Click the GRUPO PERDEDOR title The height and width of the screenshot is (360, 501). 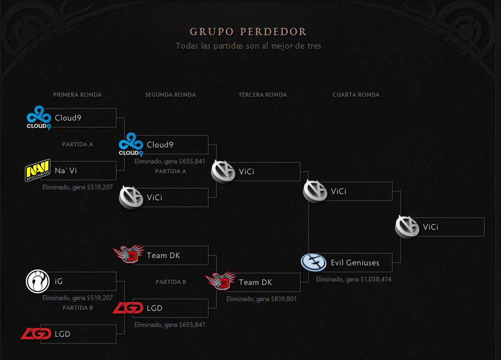tap(248, 32)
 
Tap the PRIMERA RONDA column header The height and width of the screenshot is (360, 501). tap(78, 95)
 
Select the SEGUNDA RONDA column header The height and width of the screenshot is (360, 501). tap(171, 95)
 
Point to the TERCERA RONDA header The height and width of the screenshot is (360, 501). tap(263, 95)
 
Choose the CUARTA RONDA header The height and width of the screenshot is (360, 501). tap(356, 95)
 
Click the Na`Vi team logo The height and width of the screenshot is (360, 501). tap(38, 171)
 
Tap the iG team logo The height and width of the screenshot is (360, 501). tap(38, 282)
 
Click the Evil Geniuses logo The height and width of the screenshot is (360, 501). tap(314, 262)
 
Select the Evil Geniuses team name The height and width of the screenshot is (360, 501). tap(355, 263)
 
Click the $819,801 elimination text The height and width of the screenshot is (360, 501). tap(261, 299)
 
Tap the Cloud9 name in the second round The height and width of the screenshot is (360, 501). tap(160, 145)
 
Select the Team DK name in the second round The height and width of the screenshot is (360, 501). tap(163, 256)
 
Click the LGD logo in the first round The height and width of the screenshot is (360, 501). tap(36, 334)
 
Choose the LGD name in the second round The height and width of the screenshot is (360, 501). tap(155, 308)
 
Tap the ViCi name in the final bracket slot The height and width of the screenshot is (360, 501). tap(431, 227)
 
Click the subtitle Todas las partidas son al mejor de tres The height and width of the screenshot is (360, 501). tap(248, 46)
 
